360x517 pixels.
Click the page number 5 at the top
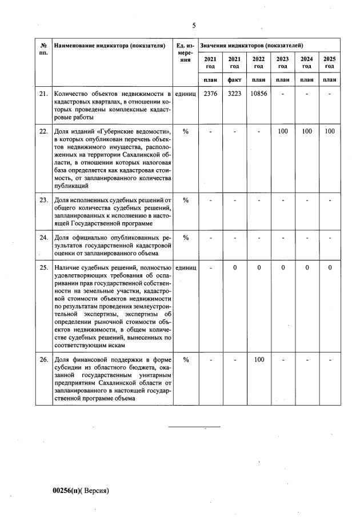(x=194, y=25)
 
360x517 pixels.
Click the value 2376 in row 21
(x=210, y=93)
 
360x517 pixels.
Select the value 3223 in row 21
(x=234, y=93)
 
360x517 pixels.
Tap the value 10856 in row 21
(x=258, y=93)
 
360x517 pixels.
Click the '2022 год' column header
(x=258, y=62)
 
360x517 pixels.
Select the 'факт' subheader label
(x=234, y=79)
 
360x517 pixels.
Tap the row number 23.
(x=43, y=201)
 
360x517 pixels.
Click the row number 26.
(x=43, y=360)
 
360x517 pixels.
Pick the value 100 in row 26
(x=258, y=360)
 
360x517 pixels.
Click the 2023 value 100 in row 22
(x=282, y=131)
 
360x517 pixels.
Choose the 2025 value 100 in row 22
(x=329, y=131)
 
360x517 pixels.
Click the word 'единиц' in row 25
(x=186, y=267)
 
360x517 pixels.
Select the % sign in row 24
(x=186, y=237)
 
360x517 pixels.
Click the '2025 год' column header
(x=329, y=62)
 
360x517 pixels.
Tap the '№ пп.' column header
(x=43, y=49)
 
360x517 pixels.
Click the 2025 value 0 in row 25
(x=329, y=267)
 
